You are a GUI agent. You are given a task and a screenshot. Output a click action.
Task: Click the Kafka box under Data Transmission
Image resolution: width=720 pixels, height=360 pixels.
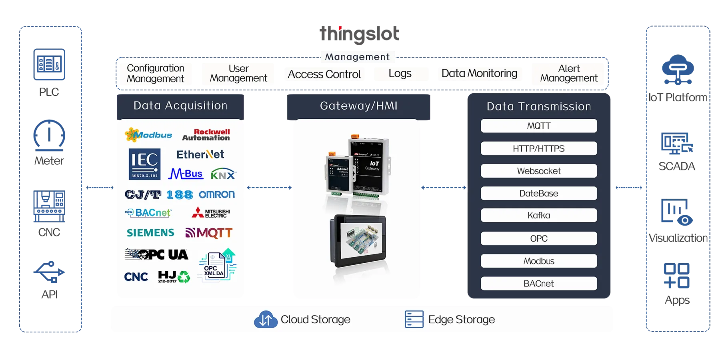538,216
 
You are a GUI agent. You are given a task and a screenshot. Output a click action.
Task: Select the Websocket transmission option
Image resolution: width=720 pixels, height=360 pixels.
538,171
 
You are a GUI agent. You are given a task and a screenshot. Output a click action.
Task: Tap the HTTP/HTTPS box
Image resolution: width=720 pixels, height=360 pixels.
538,149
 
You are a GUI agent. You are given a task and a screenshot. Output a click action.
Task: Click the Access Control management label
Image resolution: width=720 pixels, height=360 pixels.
324,75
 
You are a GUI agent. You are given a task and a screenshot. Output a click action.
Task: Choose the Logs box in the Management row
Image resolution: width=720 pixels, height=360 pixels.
400,74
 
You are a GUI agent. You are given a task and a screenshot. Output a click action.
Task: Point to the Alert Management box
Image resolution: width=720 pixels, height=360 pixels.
568,74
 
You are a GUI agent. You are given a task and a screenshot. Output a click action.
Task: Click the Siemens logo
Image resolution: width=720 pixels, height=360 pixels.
150,233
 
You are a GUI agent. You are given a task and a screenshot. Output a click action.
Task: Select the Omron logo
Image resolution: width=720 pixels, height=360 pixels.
217,195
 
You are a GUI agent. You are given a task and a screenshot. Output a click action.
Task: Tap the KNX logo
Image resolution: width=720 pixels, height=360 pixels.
223,174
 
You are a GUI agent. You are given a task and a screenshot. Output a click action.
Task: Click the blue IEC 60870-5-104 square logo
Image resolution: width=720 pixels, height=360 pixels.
144,164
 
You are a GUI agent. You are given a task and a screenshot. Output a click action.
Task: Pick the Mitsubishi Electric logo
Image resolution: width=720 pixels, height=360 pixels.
211,213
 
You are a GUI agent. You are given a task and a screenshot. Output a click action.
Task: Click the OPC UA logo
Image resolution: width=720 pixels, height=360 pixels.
157,255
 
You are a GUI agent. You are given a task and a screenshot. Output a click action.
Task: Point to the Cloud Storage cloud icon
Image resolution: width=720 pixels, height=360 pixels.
266,319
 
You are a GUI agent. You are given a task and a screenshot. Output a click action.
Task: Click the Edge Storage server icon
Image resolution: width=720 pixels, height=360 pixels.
414,319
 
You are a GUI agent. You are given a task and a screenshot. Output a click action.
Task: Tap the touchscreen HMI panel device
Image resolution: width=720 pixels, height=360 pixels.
358,241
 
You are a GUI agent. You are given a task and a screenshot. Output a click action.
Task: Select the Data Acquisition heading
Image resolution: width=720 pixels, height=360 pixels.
180,106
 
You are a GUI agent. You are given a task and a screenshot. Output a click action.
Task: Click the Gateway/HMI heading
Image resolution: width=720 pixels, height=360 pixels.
358,106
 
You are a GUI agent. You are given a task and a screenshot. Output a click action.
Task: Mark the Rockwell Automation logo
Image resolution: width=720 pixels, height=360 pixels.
206,135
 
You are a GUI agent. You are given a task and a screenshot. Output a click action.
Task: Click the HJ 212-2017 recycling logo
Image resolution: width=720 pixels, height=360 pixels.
174,277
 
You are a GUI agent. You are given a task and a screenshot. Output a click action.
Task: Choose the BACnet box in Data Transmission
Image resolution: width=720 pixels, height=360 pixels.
538,284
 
